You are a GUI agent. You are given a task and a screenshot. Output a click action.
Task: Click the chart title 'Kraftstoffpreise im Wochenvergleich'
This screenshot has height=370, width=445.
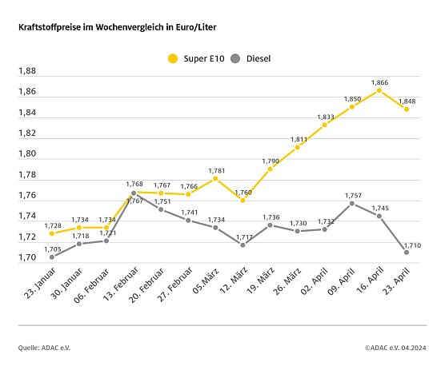(x=117, y=27)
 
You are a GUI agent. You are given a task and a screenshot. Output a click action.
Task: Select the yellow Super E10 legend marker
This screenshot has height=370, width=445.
(x=171, y=58)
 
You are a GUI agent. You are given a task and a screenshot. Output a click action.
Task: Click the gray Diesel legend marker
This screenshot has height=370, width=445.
(x=235, y=58)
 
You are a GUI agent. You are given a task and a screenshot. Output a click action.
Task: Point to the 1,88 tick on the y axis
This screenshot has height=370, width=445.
(x=27, y=71)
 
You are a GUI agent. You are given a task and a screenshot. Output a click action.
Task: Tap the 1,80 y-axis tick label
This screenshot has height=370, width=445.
(x=27, y=154)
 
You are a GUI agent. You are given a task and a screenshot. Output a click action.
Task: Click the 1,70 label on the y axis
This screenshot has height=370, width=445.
(x=27, y=258)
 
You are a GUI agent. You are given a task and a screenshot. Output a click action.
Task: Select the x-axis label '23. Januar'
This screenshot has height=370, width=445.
(x=37, y=284)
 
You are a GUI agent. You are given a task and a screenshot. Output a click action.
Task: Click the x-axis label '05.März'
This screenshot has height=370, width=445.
(x=201, y=282)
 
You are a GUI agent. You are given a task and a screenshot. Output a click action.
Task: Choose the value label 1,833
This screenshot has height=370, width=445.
(x=325, y=117)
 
